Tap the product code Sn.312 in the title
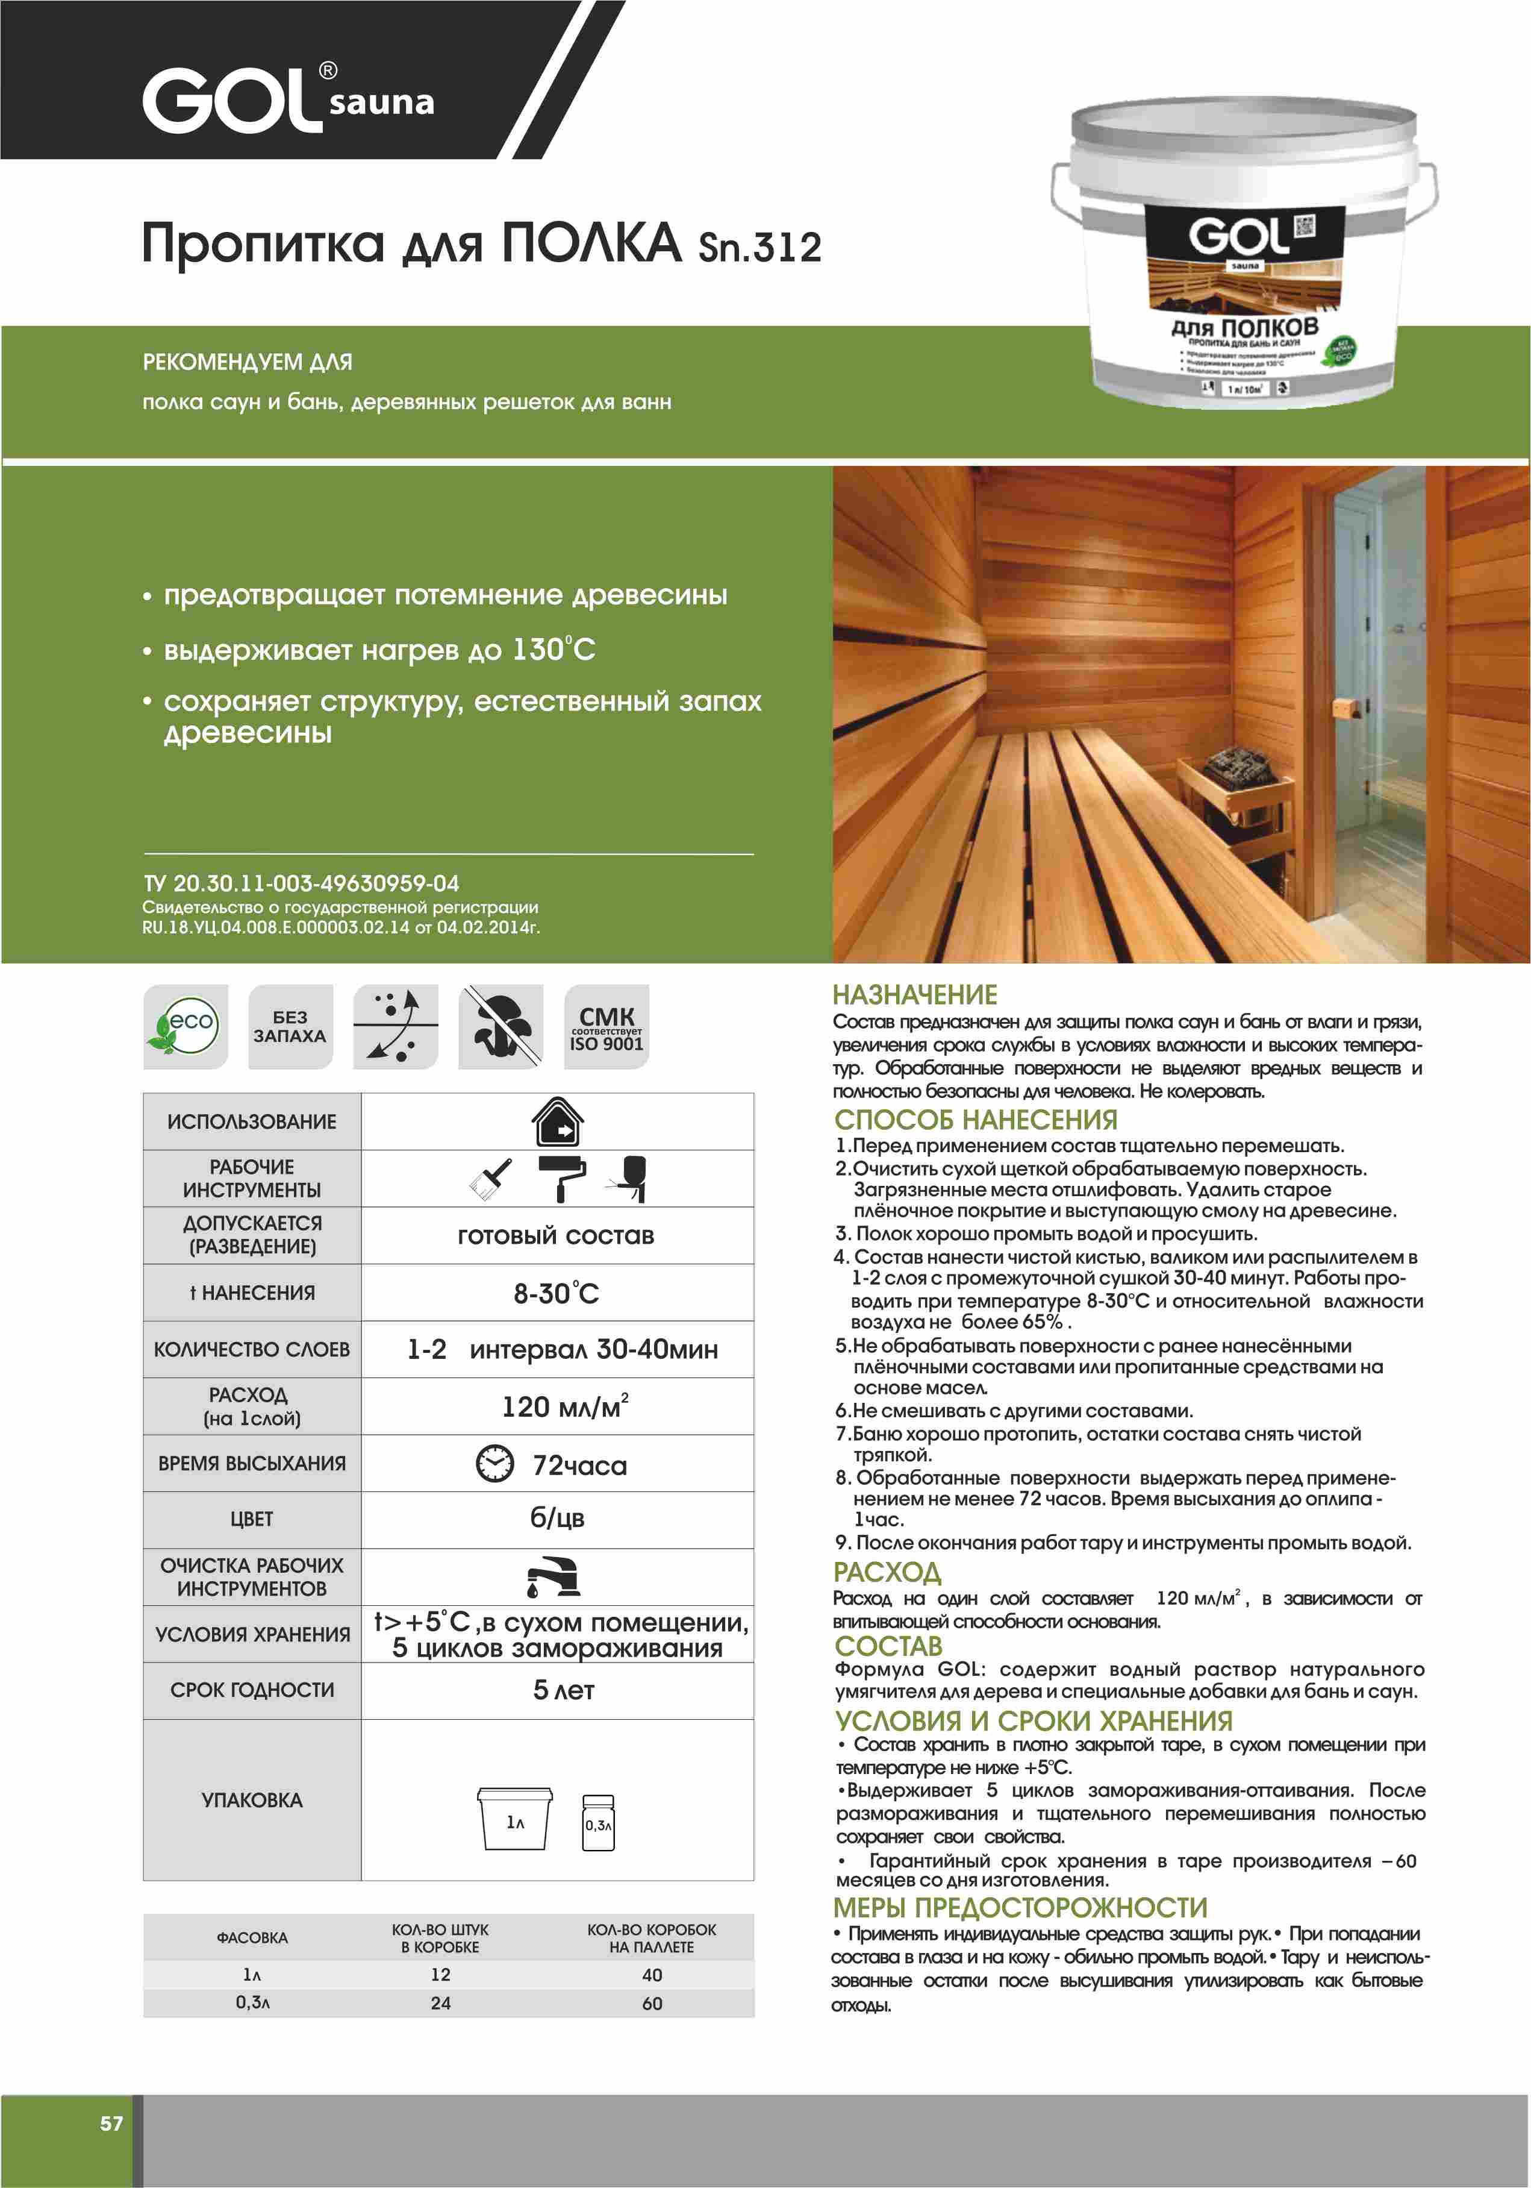pos(759,247)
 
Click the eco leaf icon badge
pos(186,1026)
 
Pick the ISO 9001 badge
pos(607,1026)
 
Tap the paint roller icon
pos(562,1178)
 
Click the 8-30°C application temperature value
pos(557,1293)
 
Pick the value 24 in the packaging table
pos(440,2003)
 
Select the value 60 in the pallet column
pos(652,2003)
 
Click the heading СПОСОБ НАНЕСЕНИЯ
pos(976,1120)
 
